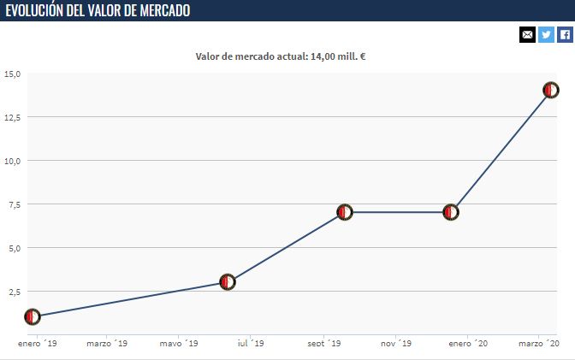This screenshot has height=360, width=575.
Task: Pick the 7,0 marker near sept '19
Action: pyautogui.click(x=345, y=212)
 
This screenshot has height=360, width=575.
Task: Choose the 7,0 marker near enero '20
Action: pyautogui.click(x=451, y=212)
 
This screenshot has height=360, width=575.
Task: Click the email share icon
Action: pyautogui.click(x=527, y=34)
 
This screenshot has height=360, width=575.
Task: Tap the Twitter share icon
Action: pyautogui.click(x=546, y=34)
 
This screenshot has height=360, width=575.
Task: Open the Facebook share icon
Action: pyautogui.click(x=565, y=34)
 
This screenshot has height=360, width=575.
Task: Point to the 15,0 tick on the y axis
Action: pyautogui.click(x=11, y=74)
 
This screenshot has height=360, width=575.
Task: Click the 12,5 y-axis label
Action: pyautogui.click(x=11, y=117)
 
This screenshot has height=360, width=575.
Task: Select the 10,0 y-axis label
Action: pyautogui.click(x=11, y=161)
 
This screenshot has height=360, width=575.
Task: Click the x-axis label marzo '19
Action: pyautogui.click(x=107, y=344)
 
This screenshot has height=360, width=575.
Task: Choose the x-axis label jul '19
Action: pyautogui.click(x=250, y=344)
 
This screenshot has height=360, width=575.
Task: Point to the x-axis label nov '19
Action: pyautogui.click(x=396, y=344)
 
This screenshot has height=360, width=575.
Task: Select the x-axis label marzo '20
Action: pyautogui.click(x=539, y=344)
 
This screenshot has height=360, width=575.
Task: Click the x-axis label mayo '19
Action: pyautogui.click(x=178, y=344)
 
